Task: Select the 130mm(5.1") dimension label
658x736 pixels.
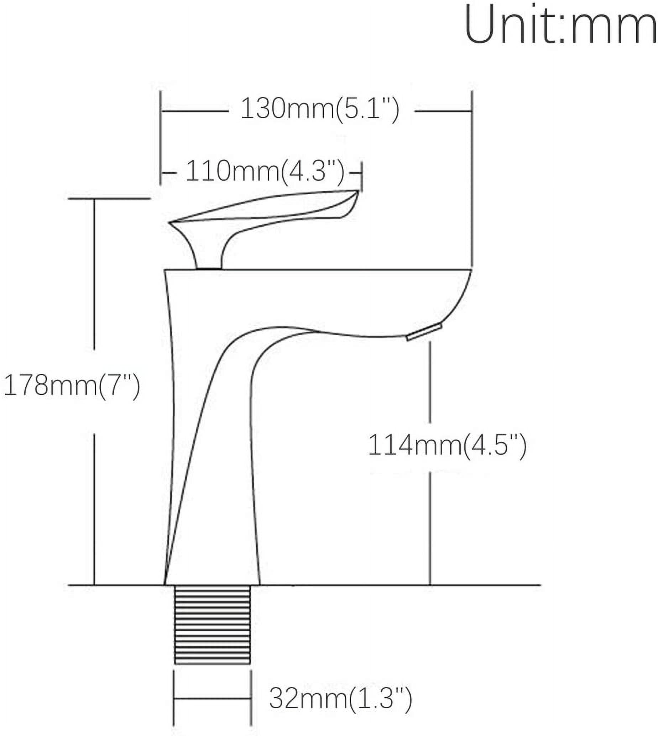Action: coord(320,109)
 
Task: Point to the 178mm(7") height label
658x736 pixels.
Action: coord(72,385)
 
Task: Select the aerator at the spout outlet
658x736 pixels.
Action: coord(424,332)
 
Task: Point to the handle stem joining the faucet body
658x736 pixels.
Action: coord(209,255)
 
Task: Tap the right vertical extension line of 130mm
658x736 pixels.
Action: coord(472,181)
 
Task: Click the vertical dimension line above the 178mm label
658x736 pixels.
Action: coord(94,275)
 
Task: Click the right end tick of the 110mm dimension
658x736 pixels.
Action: coord(361,173)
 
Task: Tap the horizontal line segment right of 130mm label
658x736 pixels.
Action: coord(443,111)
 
